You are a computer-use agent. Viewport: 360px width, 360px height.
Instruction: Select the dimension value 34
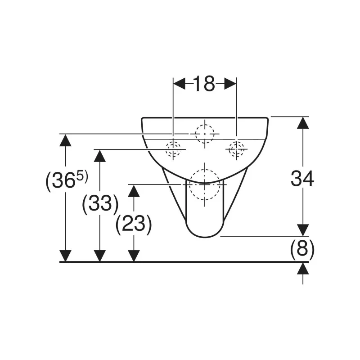point(302,179)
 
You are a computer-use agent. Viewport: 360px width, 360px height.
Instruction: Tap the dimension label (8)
point(302,249)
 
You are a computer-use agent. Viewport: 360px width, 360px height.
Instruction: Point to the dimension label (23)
point(134,224)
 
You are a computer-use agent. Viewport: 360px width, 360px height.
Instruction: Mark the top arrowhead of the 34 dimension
point(303,123)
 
